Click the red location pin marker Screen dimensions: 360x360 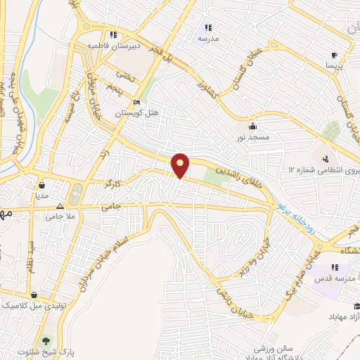pos(181,166)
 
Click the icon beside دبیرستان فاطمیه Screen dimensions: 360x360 pos(111,33)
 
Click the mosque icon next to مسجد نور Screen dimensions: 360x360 pos(252,126)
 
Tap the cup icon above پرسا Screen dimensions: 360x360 pos(333,54)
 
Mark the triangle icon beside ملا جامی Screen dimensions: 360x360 pos(60,207)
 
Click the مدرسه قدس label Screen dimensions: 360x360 pos(335,279)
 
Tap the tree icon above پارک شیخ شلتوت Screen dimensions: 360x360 pos(47,338)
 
